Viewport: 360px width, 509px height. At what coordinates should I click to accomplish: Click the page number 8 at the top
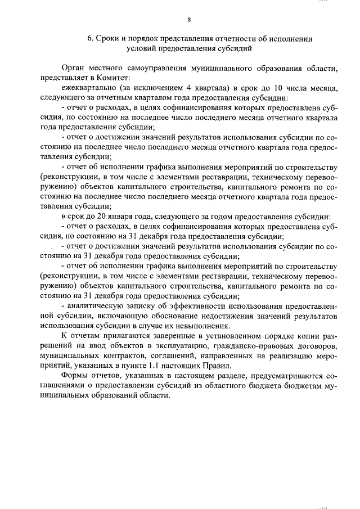pyautogui.click(x=190, y=20)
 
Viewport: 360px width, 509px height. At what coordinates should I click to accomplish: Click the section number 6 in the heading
pyautogui.click(x=89, y=39)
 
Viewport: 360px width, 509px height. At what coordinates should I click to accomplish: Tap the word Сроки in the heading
pyautogui.click(x=107, y=39)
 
